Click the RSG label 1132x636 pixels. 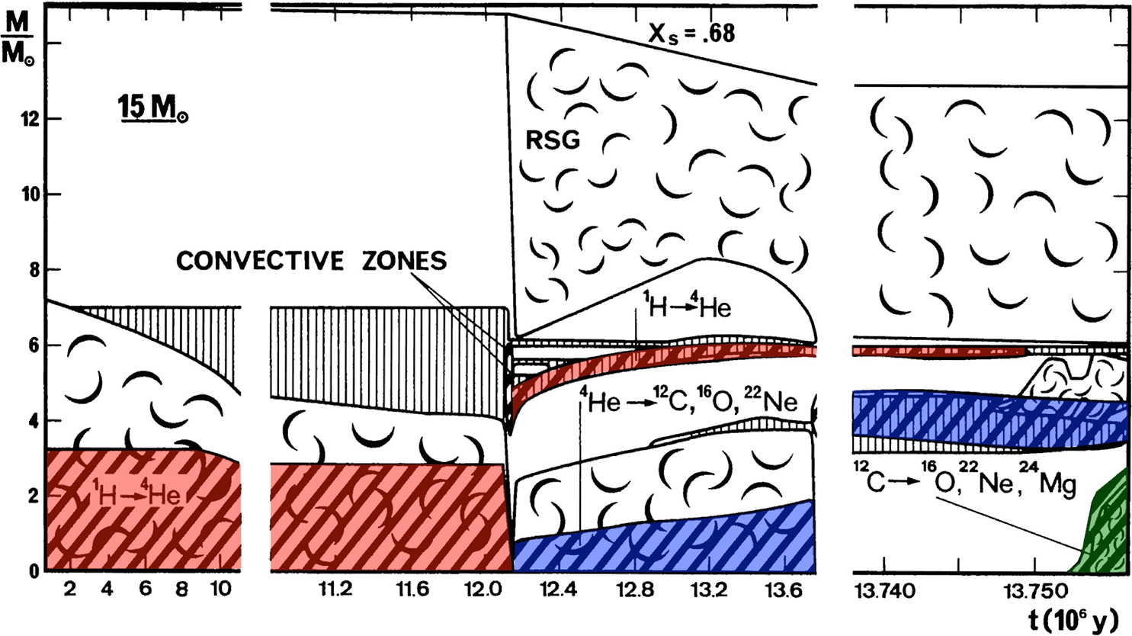click(x=553, y=140)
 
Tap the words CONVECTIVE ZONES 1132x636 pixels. click(x=311, y=261)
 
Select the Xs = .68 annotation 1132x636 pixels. click(x=691, y=34)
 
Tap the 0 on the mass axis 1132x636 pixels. click(x=34, y=571)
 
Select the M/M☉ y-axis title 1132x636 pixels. click(x=18, y=40)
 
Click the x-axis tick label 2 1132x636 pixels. click(x=69, y=589)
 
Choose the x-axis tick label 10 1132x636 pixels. click(x=220, y=589)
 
